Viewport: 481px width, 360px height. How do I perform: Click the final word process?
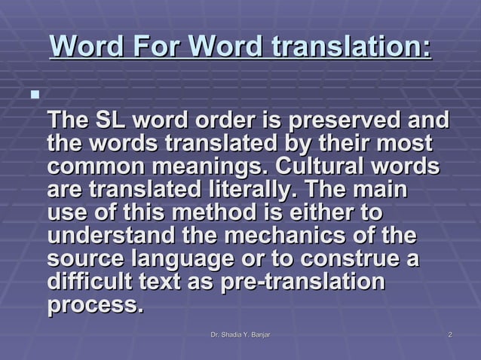[x=95, y=307]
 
